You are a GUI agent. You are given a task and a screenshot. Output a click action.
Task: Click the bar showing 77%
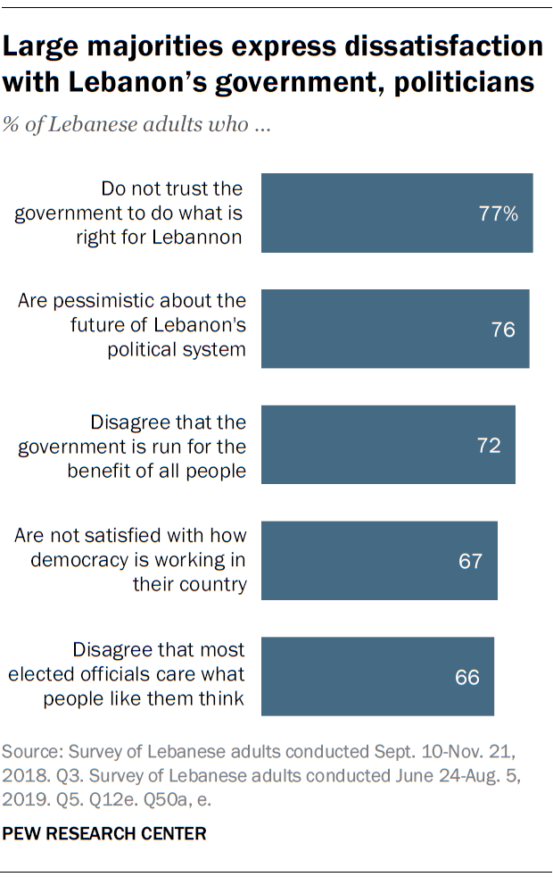[397, 213]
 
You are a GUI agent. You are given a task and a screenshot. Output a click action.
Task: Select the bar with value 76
[395, 329]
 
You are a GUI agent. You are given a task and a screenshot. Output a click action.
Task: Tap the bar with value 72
[388, 445]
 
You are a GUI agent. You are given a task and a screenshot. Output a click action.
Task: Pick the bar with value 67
[379, 560]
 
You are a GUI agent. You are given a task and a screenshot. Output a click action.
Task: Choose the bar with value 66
[377, 676]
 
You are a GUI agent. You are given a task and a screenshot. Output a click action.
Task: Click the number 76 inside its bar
[503, 330]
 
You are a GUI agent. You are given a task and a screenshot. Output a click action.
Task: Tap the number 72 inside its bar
[489, 445]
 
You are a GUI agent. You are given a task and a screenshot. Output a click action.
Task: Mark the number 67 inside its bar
[470, 561]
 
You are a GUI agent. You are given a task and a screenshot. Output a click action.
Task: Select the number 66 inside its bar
[467, 677]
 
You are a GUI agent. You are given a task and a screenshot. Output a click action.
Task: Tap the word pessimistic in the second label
[123, 302]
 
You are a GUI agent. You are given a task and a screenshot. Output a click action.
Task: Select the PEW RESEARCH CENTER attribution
[104, 833]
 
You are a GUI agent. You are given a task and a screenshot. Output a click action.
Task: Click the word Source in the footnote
[32, 748]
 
